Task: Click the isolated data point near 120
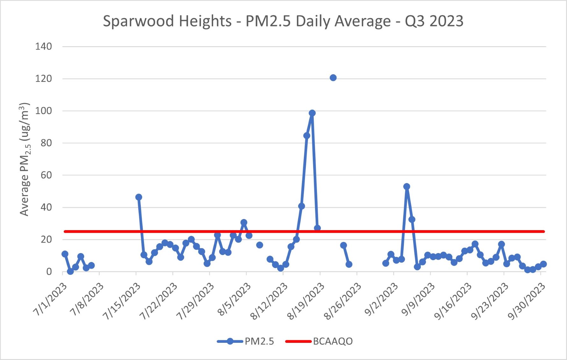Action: tap(333, 78)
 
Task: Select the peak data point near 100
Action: tap(312, 113)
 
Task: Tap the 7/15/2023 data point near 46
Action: tap(139, 197)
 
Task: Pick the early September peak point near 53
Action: tap(406, 187)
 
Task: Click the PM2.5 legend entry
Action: tap(259, 341)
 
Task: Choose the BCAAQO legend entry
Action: tap(333, 341)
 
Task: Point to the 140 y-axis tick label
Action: tap(43, 46)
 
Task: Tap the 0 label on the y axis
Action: tap(49, 272)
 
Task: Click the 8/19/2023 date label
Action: tap(306, 301)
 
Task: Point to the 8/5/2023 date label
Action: tap(234, 299)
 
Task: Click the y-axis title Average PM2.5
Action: tap(25, 159)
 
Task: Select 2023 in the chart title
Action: tap(446, 21)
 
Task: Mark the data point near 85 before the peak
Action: tap(306, 136)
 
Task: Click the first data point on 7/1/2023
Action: tap(65, 254)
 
